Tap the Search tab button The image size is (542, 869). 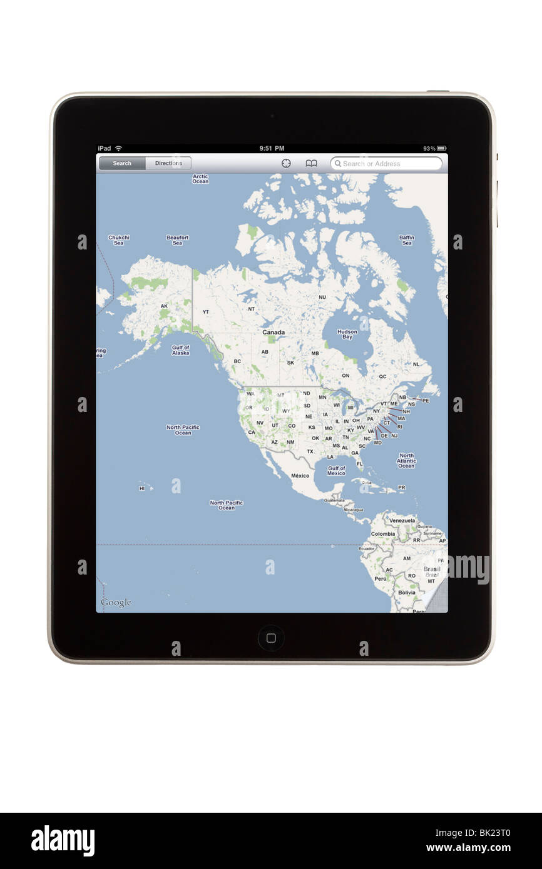[x=122, y=164]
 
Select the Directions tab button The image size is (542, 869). [x=168, y=164]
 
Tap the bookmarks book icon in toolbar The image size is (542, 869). [x=311, y=164]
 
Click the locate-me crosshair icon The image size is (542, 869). [x=286, y=164]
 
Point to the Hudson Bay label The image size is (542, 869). [x=347, y=334]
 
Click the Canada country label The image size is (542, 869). [x=274, y=333]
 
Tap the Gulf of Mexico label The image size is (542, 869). [x=336, y=471]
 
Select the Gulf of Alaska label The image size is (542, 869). [x=180, y=350]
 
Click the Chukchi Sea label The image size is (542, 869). [x=119, y=240]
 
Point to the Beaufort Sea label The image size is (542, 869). [x=178, y=240]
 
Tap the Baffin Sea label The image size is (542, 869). [x=407, y=240]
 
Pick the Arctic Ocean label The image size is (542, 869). [x=200, y=179]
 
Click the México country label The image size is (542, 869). [x=300, y=476]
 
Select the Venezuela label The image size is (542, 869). [x=402, y=520]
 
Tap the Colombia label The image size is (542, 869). [x=382, y=534]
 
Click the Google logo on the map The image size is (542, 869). [x=116, y=603]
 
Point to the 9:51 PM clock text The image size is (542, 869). [x=272, y=148]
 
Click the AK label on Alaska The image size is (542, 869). [x=164, y=306]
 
